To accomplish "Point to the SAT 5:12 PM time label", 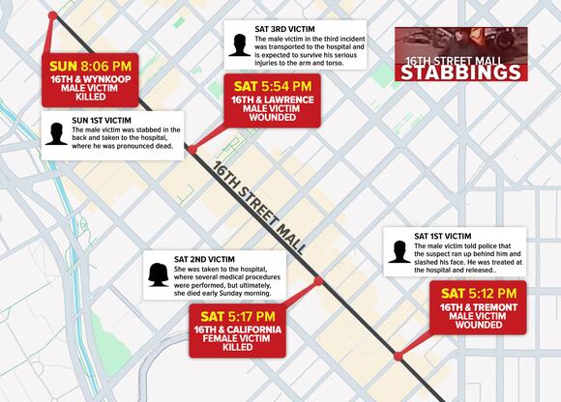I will (x=479, y=293).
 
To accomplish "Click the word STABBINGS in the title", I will (x=461, y=73).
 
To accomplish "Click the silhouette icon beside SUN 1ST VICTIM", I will (x=55, y=133).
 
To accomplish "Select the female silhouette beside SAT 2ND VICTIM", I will (x=156, y=274).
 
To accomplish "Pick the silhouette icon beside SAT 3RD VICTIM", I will (x=238, y=44).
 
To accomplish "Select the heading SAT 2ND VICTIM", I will (x=205, y=259).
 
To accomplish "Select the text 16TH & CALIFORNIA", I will (x=238, y=330).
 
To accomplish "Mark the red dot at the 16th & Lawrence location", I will (x=192, y=150).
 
